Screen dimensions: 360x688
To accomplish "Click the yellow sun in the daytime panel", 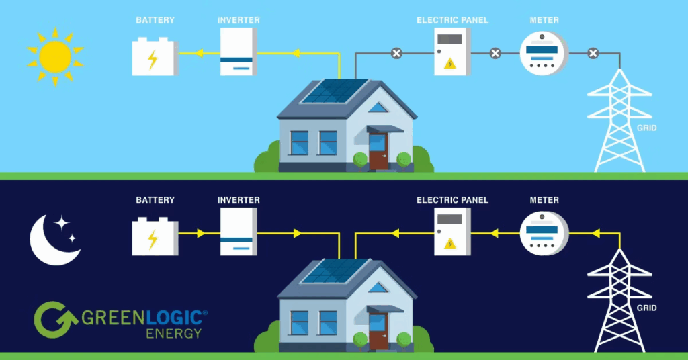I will [55, 56].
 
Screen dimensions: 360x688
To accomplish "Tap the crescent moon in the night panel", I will [50, 240].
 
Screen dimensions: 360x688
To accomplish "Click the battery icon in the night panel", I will [155, 236].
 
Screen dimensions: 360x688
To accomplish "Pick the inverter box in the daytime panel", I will [238, 52].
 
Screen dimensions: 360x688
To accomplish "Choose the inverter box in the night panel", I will [238, 231].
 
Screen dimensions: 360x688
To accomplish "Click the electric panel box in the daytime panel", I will [451, 51].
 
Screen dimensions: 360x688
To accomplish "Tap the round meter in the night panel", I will [544, 232].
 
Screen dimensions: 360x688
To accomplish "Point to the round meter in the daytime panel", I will [544, 53].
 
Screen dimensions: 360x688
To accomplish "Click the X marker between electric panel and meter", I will [495, 53].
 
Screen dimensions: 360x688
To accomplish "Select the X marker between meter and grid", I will [593, 53].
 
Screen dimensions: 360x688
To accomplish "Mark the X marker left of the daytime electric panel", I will [396, 53].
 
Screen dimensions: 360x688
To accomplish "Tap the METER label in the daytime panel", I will [544, 20].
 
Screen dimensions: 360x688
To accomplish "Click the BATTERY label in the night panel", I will [155, 200].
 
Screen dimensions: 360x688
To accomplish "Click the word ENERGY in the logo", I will [172, 333].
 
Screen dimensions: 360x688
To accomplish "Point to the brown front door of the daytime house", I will [378, 150].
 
